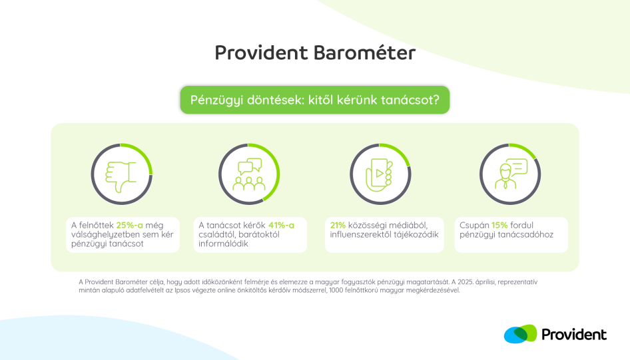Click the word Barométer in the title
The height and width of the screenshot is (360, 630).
(364, 53)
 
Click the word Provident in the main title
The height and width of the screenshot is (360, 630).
(261, 53)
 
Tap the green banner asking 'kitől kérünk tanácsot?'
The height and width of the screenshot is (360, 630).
(314, 100)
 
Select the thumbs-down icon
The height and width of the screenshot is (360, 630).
(121, 176)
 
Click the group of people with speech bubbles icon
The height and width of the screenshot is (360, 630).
(249, 174)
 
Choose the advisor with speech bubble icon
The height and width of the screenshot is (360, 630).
(511, 174)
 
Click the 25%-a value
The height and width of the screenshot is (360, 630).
(129, 225)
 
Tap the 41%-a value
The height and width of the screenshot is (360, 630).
(281, 225)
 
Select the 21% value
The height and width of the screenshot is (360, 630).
(338, 225)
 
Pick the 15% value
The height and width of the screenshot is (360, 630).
(499, 225)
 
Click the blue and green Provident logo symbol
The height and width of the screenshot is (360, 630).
(520, 334)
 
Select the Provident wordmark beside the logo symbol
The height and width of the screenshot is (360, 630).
(574, 334)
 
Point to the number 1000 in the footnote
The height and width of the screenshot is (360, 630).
(336, 290)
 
